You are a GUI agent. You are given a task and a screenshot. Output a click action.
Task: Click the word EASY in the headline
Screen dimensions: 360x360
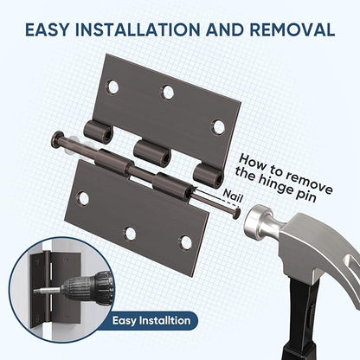[x=48, y=29]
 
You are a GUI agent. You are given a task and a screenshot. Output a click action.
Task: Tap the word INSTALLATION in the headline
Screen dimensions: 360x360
[x=138, y=29]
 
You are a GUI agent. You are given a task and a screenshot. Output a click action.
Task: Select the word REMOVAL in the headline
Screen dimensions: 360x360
[x=292, y=29]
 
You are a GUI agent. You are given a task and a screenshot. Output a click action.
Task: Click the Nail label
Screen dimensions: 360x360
[x=232, y=196]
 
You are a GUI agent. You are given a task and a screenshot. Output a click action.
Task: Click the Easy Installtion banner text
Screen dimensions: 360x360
[x=151, y=321]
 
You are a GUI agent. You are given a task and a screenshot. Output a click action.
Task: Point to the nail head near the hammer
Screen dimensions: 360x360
[x=237, y=214]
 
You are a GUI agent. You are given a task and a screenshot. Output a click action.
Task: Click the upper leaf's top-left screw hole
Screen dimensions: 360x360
[x=112, y=87]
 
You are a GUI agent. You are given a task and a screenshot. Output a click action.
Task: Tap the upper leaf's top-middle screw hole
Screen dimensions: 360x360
[x=167, y=92]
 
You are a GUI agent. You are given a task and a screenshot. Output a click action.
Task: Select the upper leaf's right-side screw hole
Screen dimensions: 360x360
[x=218, y=127]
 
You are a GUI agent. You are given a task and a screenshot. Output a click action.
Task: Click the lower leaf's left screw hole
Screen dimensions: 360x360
[x=83, y=198]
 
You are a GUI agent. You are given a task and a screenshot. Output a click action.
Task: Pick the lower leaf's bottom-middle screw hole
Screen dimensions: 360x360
[x=130, y=234]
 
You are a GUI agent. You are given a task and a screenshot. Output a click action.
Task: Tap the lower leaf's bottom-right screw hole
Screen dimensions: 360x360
[x=186, y=242]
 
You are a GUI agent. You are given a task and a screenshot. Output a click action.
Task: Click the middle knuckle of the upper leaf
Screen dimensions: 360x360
[x=152, y=152]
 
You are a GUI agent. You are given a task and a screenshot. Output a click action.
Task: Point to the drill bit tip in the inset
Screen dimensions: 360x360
[x=35, y=292]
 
